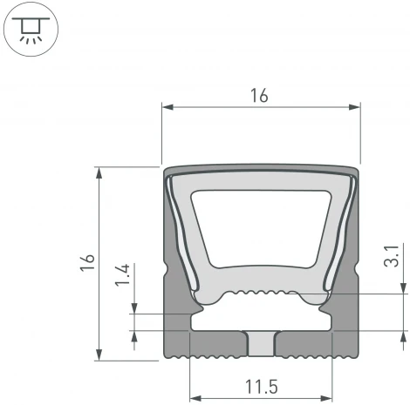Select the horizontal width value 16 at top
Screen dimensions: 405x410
[260, 97]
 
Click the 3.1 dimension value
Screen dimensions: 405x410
[391, 260]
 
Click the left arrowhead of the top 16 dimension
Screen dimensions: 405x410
[167, 107]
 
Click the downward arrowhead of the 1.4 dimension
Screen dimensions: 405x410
[134, 308]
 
